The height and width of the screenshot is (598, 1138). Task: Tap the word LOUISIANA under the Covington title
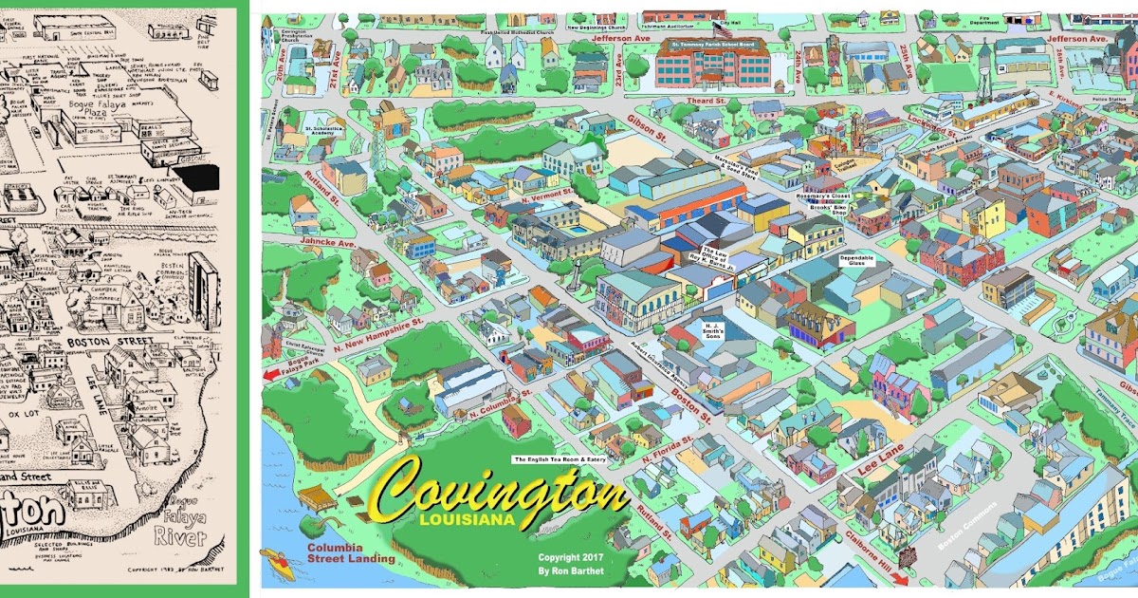coord(465,520)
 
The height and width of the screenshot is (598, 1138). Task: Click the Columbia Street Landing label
coord(350,553)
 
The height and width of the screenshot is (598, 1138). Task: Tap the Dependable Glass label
coord(855,259)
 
